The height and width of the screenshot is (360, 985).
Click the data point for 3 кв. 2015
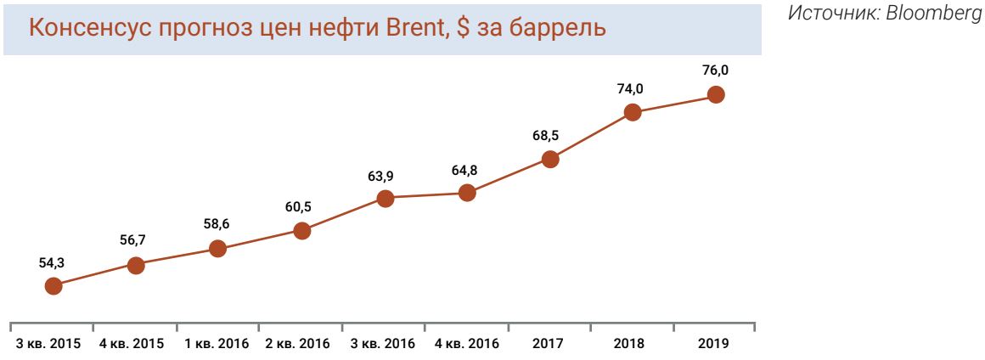[53, 285]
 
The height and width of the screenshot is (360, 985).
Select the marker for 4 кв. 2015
[136, 265]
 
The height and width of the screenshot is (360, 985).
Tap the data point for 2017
[550, 159]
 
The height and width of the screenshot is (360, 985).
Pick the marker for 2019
[716, 94]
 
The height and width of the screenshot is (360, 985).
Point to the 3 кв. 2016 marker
[385, 198]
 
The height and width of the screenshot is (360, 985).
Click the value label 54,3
[53, 262]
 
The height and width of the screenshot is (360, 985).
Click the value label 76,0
[715, 70]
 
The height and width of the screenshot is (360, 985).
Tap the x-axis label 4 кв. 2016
[467, 344]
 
